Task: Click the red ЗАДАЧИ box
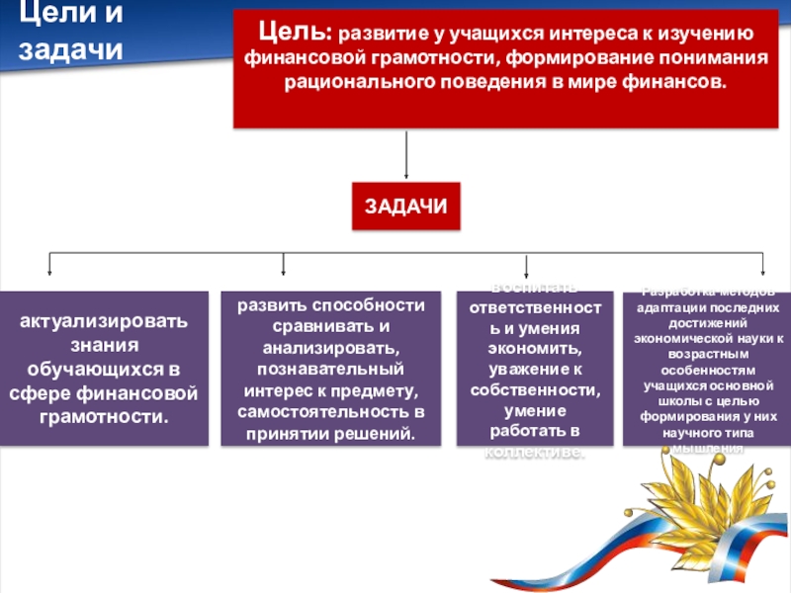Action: click(x=405, y=207)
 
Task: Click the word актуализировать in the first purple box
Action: click(x=104, y=323)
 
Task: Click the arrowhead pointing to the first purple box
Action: click(x=50, y=271)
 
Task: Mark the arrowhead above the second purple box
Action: click(x=284, y=271)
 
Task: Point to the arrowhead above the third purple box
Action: click(x=527, y=271)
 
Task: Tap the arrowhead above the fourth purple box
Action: click(x=762, y=271)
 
